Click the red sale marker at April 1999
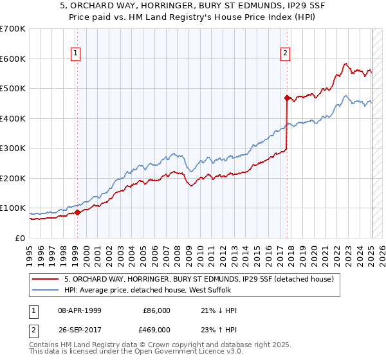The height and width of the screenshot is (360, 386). click(77, 212)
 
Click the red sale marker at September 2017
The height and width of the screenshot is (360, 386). click(287, 98)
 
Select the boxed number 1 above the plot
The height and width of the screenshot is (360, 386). click(76, 53)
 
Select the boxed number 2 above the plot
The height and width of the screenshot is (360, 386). click(285, 53)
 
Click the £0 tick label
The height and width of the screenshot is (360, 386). click(20, 238)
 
